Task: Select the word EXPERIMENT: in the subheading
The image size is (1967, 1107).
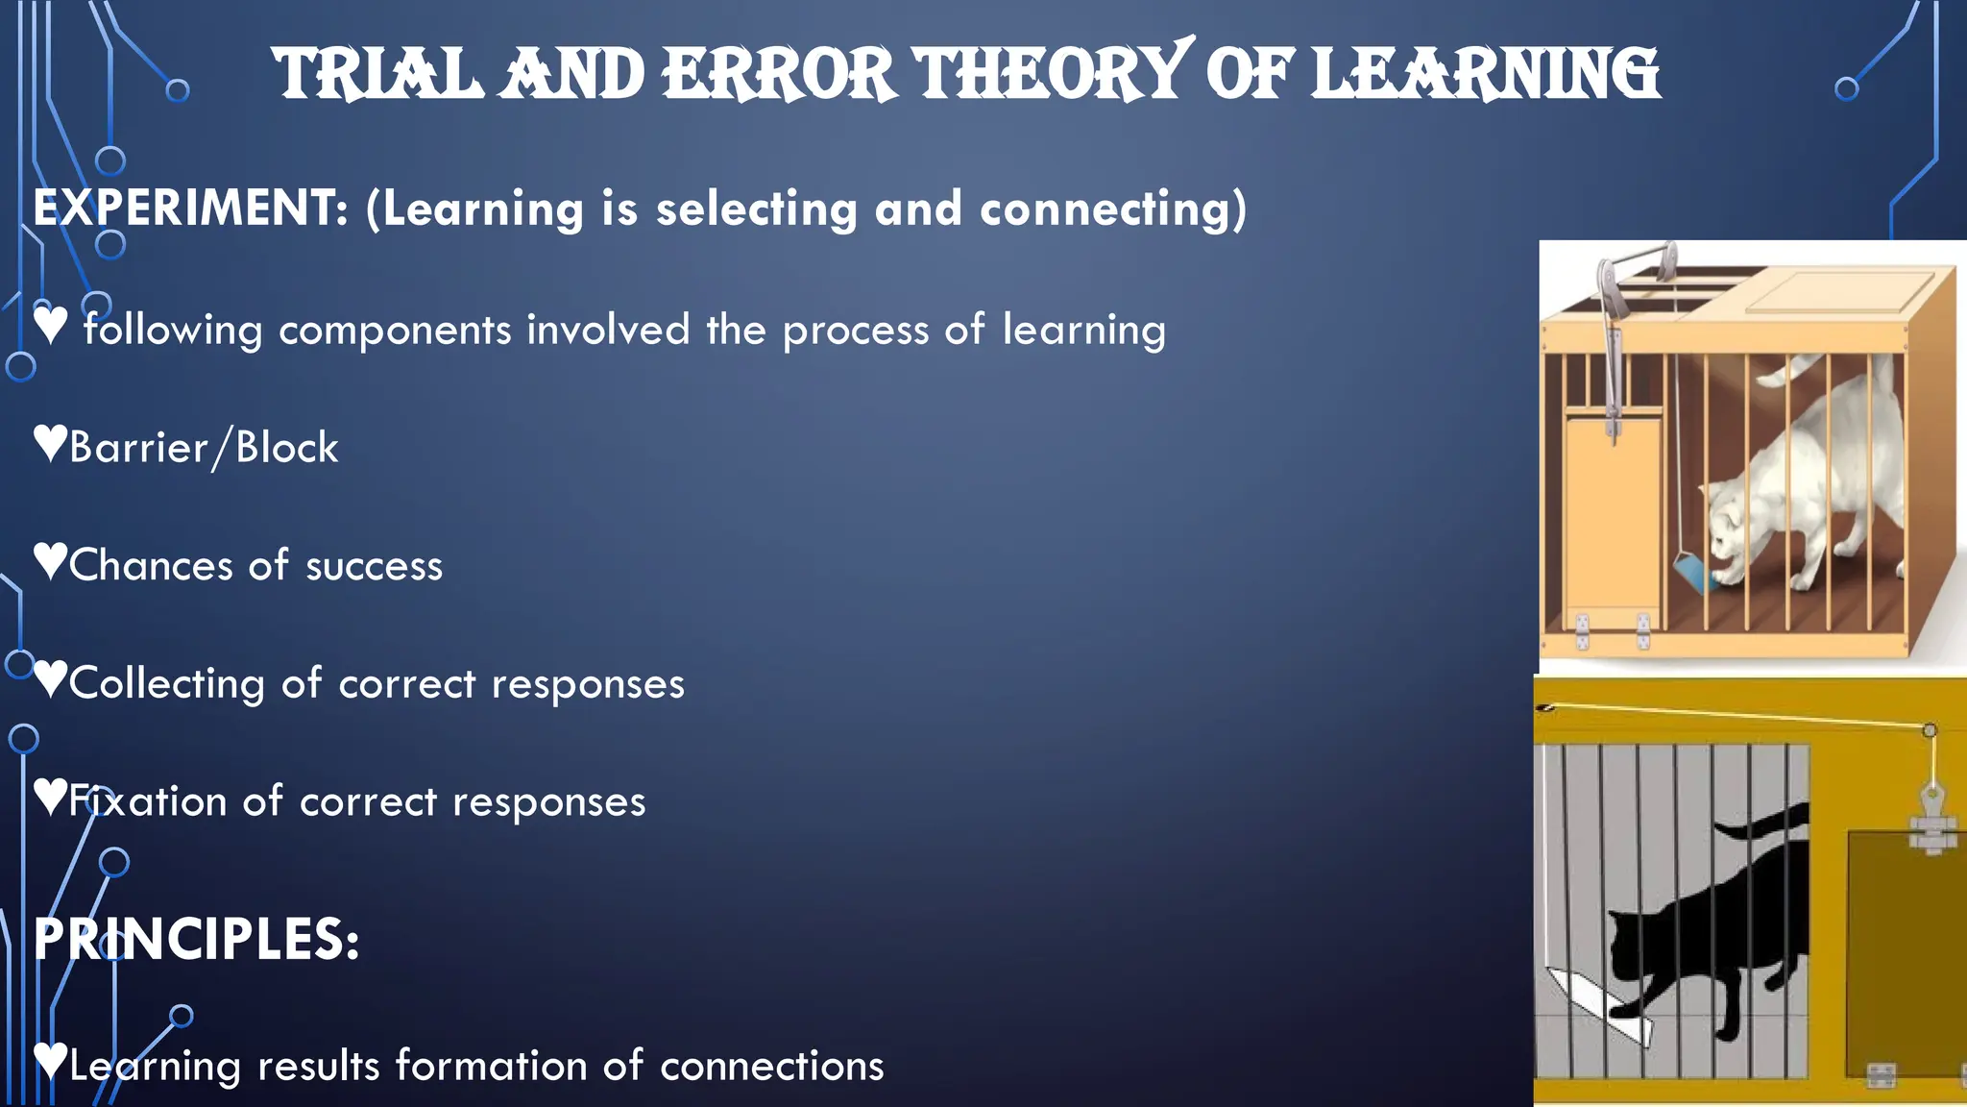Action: (x=191, y=208)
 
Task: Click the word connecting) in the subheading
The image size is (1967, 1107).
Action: (x=1112, y=209)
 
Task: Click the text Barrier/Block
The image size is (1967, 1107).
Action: (x=204, y=448)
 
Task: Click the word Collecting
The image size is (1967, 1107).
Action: (x=166, y=684)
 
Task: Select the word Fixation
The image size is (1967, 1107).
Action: (x=147, y=801)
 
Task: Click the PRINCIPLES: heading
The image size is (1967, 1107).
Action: (x=197, y=939)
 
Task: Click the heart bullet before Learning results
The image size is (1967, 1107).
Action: (x=50, y=1060)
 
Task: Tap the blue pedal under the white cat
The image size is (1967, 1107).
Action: (x=1692, y=571)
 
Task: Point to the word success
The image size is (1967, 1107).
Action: (x=374, y=566)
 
